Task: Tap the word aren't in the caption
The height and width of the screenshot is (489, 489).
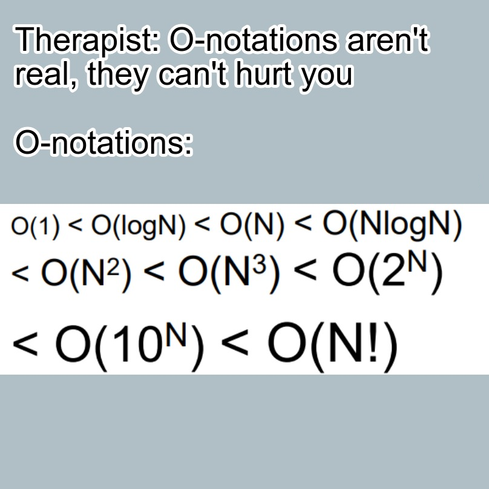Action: tap(389, 39)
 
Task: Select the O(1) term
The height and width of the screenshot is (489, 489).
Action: tap(35, 226)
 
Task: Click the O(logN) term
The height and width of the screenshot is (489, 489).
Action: tap(139, 226)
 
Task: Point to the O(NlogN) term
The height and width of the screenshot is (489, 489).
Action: tap(392, 225)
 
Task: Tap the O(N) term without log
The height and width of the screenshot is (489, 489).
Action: tap(252, 225)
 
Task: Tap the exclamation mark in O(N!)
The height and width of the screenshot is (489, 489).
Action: tap(373, 343)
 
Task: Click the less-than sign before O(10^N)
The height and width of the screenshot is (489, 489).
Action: tap(25, 344)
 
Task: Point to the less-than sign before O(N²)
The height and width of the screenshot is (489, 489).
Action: tap(20, 274)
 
